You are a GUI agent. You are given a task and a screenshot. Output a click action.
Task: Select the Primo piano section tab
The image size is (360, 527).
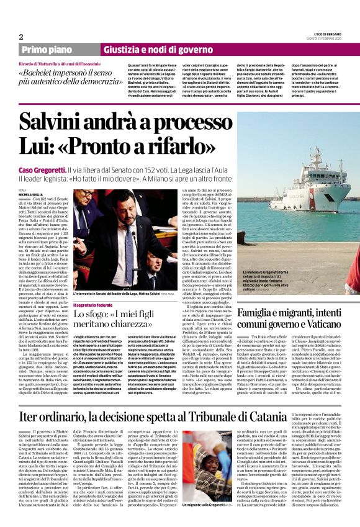[x=45, y=50]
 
